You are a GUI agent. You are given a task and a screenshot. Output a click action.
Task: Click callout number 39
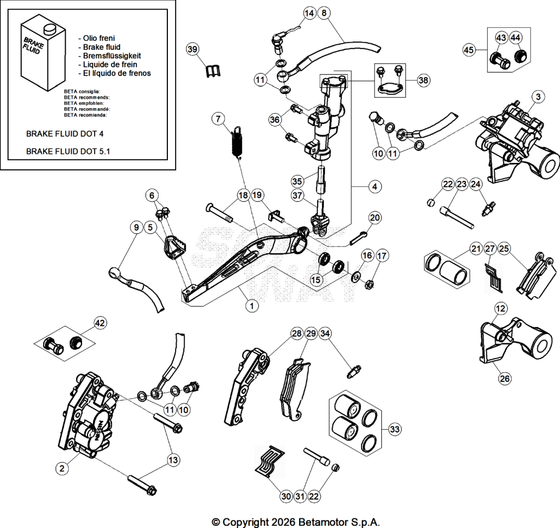coord(192,49)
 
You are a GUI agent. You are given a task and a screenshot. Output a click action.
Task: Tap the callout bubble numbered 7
coord(219,119)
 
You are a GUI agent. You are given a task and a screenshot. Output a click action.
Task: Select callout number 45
coord(469,50)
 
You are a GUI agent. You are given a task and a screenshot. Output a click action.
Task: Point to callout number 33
coord(394,429)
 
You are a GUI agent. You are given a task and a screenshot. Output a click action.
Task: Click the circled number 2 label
coord(62,468)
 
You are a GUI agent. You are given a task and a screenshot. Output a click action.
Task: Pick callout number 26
coord(505,378)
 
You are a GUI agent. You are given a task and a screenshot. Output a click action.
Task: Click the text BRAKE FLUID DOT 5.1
coord(68,151)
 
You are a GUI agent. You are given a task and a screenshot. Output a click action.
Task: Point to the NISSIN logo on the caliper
coord(98,430)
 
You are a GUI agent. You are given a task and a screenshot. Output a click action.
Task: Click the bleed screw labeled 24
coord(488,209)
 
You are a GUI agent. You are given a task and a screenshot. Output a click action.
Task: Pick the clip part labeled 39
coord(213,71)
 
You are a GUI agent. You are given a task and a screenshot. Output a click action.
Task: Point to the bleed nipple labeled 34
coord(354,371)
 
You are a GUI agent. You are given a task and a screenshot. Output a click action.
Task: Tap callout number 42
coord(101,323)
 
